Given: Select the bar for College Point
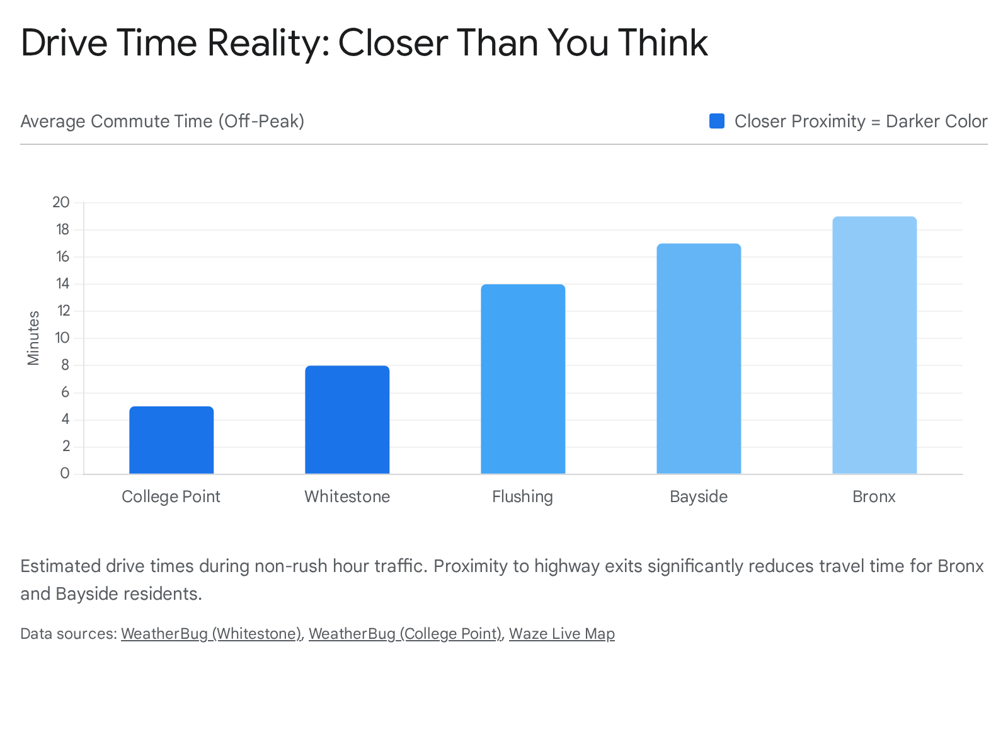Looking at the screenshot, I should click(171, 440).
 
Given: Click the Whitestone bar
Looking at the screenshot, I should click(347, 420).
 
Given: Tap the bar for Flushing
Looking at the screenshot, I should click(523, 379).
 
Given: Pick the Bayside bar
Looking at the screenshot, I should click(699, 358).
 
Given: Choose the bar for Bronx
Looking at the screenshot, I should click(874, 345).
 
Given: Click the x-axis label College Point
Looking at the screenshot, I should click(171, 496).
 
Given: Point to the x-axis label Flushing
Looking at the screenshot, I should click(522, 496).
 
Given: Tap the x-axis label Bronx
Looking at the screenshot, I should click(874, 496).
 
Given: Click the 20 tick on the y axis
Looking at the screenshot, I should click(61, 202).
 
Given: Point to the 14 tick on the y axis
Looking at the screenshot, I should click(62, 283).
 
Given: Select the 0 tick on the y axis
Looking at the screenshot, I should click(65, 473).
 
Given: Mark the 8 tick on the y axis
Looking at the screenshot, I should click(65, 365).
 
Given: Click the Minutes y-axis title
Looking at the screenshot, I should click(33, 338).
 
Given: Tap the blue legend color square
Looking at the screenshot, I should click(717, 121).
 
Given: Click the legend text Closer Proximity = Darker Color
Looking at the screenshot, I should click(861, 121).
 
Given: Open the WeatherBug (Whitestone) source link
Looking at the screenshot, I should click(211, 633).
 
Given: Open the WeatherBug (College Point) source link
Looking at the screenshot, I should click(405, 633).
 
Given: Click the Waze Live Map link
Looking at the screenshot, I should click(561, 633).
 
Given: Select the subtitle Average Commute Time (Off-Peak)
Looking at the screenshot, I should click(163, 121).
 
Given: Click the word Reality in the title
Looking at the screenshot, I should click(265, 43).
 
